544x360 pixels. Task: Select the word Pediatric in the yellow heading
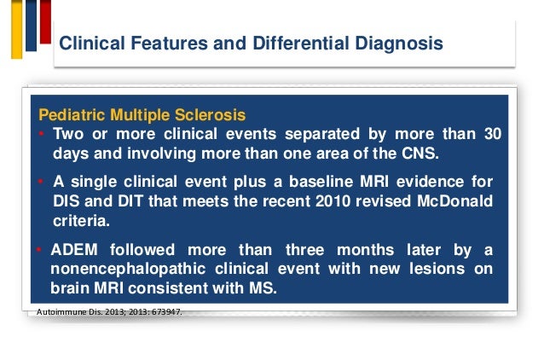pos(70,115)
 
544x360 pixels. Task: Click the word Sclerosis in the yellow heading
pos(210,115)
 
